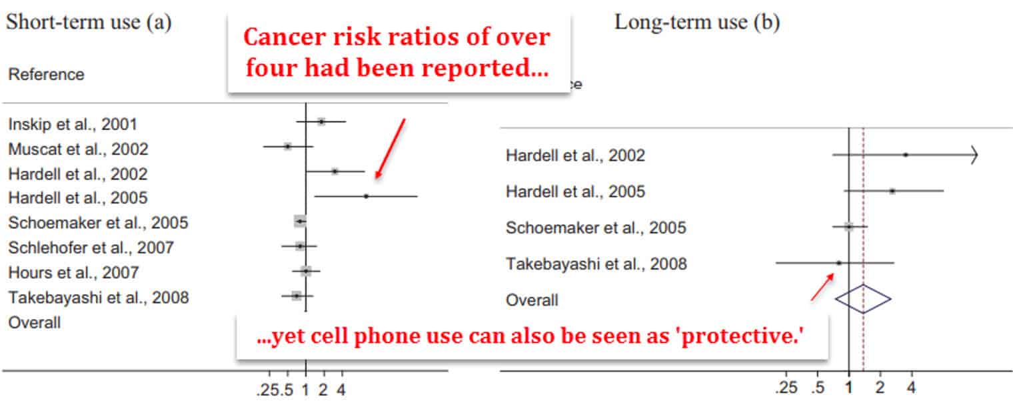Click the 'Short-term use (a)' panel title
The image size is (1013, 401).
click(x=89, y=23)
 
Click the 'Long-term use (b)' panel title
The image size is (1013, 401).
click(x=697, y=23)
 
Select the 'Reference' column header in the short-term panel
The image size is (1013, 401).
click(x=46, y=74)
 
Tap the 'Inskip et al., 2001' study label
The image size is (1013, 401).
click(x=73, y=124)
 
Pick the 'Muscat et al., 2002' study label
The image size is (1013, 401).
click(x=78, y=149)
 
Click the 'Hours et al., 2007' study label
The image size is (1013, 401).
click(x=73, y=272)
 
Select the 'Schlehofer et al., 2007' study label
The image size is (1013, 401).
click(x=91, y=248)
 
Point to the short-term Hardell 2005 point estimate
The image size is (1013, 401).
click(x=366, y=196)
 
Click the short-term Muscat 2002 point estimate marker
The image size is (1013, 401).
click(x=288, y=146)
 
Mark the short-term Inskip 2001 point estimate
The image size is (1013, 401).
click(x=321, y=121)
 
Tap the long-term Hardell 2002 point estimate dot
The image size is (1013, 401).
click(x=906, y=155)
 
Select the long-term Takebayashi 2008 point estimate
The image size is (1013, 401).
click(x=839, y=262)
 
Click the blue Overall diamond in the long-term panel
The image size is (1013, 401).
click(x=863, y=299)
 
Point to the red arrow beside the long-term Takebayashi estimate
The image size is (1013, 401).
click(x=822, y=287)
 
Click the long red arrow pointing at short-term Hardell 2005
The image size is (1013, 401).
click(x=390, y=148)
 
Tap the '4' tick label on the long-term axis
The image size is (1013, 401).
click(x=911, y=388)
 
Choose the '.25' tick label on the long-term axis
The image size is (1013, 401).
click(x=786, y=388)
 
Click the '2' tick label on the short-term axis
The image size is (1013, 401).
click(x=323, y=390)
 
